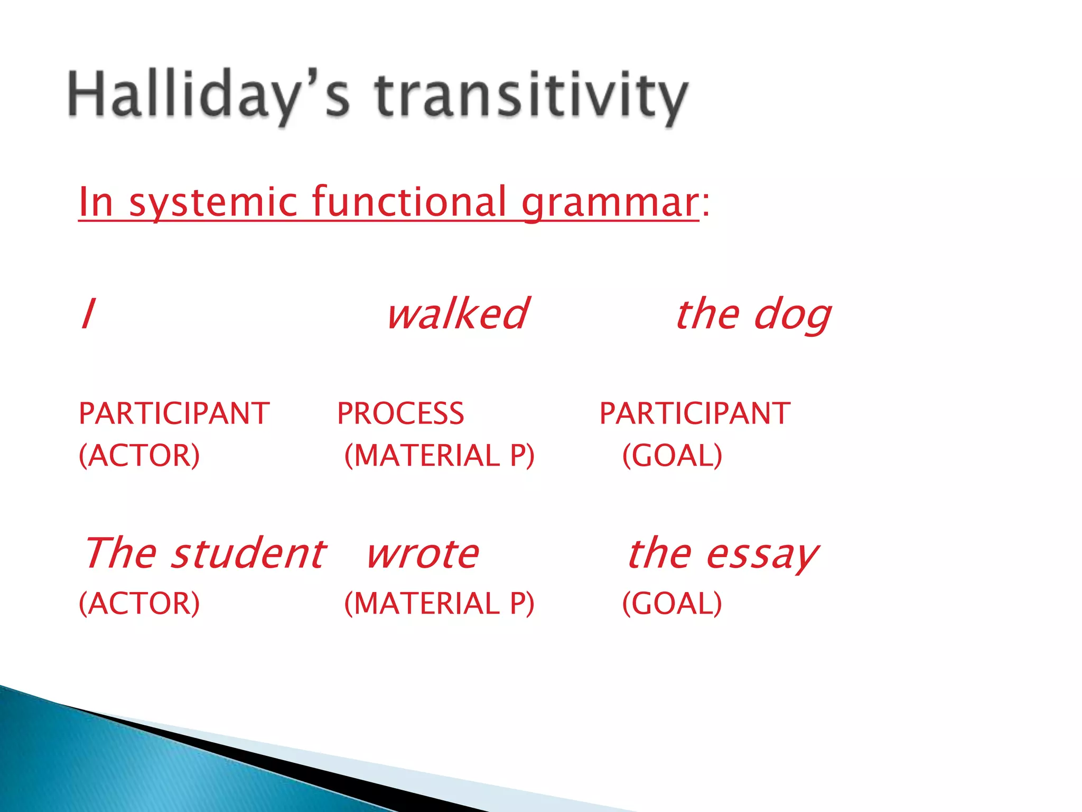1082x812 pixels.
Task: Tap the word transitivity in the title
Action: [531, 95]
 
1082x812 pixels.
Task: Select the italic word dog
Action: [792, 315]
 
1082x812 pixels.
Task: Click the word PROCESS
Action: [400, 413]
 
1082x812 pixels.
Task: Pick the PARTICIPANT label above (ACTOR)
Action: [174, 413]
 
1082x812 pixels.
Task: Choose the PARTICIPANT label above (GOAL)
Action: [695, 413]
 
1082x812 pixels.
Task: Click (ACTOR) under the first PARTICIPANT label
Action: [139, 456]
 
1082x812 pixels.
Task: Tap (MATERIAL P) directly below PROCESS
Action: [439, 456]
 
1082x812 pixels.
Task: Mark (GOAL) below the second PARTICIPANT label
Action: [672, 456]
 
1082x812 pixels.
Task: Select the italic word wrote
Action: [423, 554]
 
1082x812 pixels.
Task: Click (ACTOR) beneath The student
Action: [139, 603]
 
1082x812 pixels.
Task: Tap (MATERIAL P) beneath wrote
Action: [439, 603]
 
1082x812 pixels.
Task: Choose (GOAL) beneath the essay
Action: [672, 603]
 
